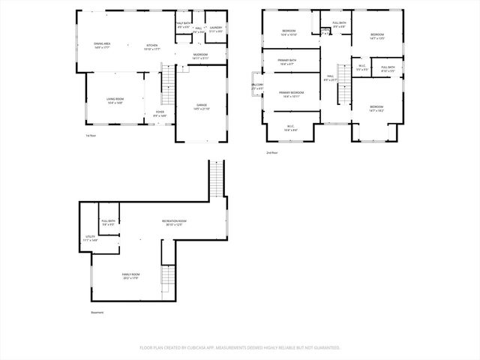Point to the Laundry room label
[215, 29]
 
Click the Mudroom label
[199, 56]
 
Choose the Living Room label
[114, 100]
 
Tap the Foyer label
[160, 114]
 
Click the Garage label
[202, 106]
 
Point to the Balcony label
[257, 87]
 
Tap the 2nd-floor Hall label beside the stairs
[330, 78]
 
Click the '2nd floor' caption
[271, 153]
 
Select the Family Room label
[130, 276]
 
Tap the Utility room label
[90, 238]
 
